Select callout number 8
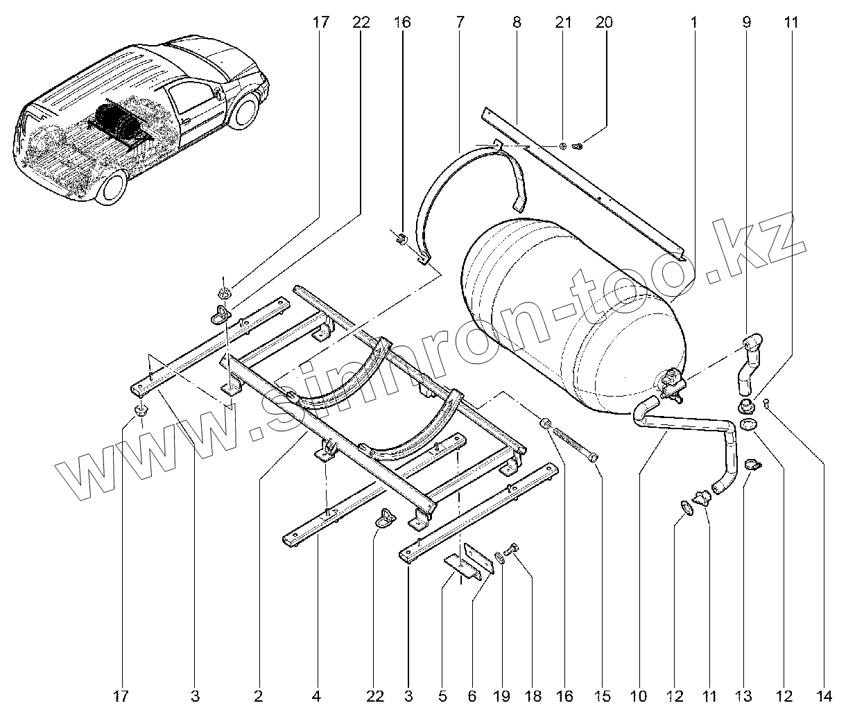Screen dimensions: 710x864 point(517,22)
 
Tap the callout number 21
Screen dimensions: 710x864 point(563,22)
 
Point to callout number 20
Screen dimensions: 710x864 point(604,22)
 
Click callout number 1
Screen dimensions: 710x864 point(693,22)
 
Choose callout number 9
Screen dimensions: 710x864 point(746,22)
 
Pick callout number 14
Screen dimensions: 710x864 point(824,695)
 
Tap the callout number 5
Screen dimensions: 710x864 point(442,695)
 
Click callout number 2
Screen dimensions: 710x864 point(258,695)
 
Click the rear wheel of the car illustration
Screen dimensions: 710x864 point(112,187)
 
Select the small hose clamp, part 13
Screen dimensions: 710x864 point(751,465)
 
